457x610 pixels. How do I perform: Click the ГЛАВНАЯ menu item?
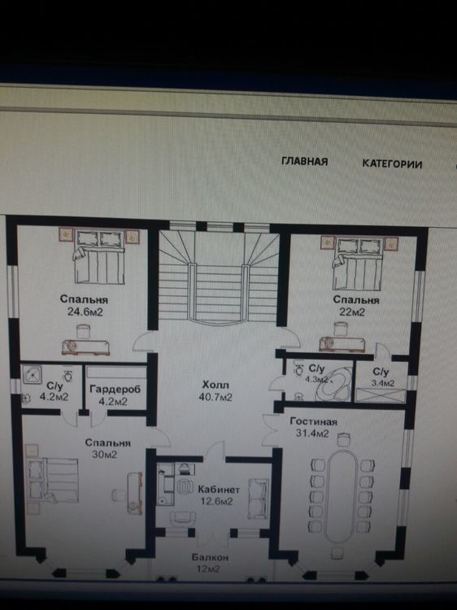pos(305,161)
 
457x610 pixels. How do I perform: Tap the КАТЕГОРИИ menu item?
pos(392,163)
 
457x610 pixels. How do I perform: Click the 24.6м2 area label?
pos(85,312)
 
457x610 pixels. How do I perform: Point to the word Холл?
pos(215,385)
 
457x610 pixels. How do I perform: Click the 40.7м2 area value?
pos(215,397)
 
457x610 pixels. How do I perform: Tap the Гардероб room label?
pos(115,390)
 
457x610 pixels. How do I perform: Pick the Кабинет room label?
pos(219,490)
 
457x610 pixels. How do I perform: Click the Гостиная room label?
pos(314,421)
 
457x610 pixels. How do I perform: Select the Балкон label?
pos(210,557)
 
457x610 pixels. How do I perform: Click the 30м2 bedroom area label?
pos(105,455)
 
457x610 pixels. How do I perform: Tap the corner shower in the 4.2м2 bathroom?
pos(32,375)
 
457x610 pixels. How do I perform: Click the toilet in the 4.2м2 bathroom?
pos(68,376)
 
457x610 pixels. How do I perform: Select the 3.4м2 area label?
pos(383,383)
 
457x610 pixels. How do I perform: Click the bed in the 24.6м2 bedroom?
pos(100,257)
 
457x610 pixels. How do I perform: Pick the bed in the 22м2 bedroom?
pos(358,264)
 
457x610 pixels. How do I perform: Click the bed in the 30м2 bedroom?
pos(54,480)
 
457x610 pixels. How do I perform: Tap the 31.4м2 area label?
pos(313,434)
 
